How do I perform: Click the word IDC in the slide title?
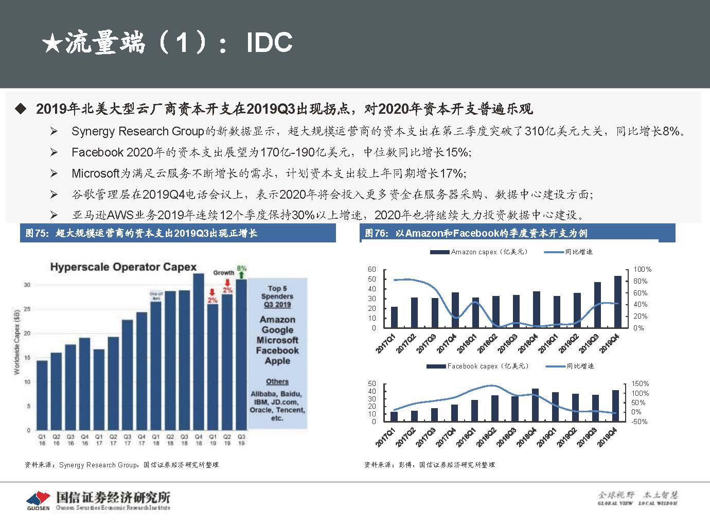point(269,42)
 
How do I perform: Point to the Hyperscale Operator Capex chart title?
point(123,267)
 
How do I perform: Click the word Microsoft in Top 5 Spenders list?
point(277,340)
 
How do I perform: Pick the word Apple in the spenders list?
point(277,361)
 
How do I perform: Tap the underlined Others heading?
point(277,381)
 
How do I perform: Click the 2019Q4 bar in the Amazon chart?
point(617,302)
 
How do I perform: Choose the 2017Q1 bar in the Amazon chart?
point(394,317)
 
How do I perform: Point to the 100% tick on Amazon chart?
point(642,269)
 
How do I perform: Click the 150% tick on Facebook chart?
point(641,383)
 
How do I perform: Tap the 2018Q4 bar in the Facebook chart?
point(536,405)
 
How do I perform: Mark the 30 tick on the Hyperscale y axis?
point(27,285)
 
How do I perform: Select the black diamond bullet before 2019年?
point(21,109)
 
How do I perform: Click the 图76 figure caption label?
point(375,233)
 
